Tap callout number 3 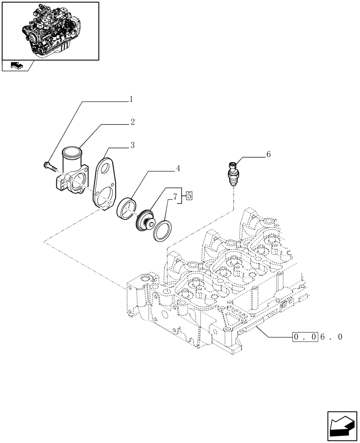(132, 145)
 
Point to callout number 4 (177, 169)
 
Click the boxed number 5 (189, 194)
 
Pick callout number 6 (268, 155)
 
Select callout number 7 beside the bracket (176, 194)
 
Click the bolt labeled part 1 (49, 166)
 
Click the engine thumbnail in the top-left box (50, 30)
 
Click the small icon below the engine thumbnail (16, 66)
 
